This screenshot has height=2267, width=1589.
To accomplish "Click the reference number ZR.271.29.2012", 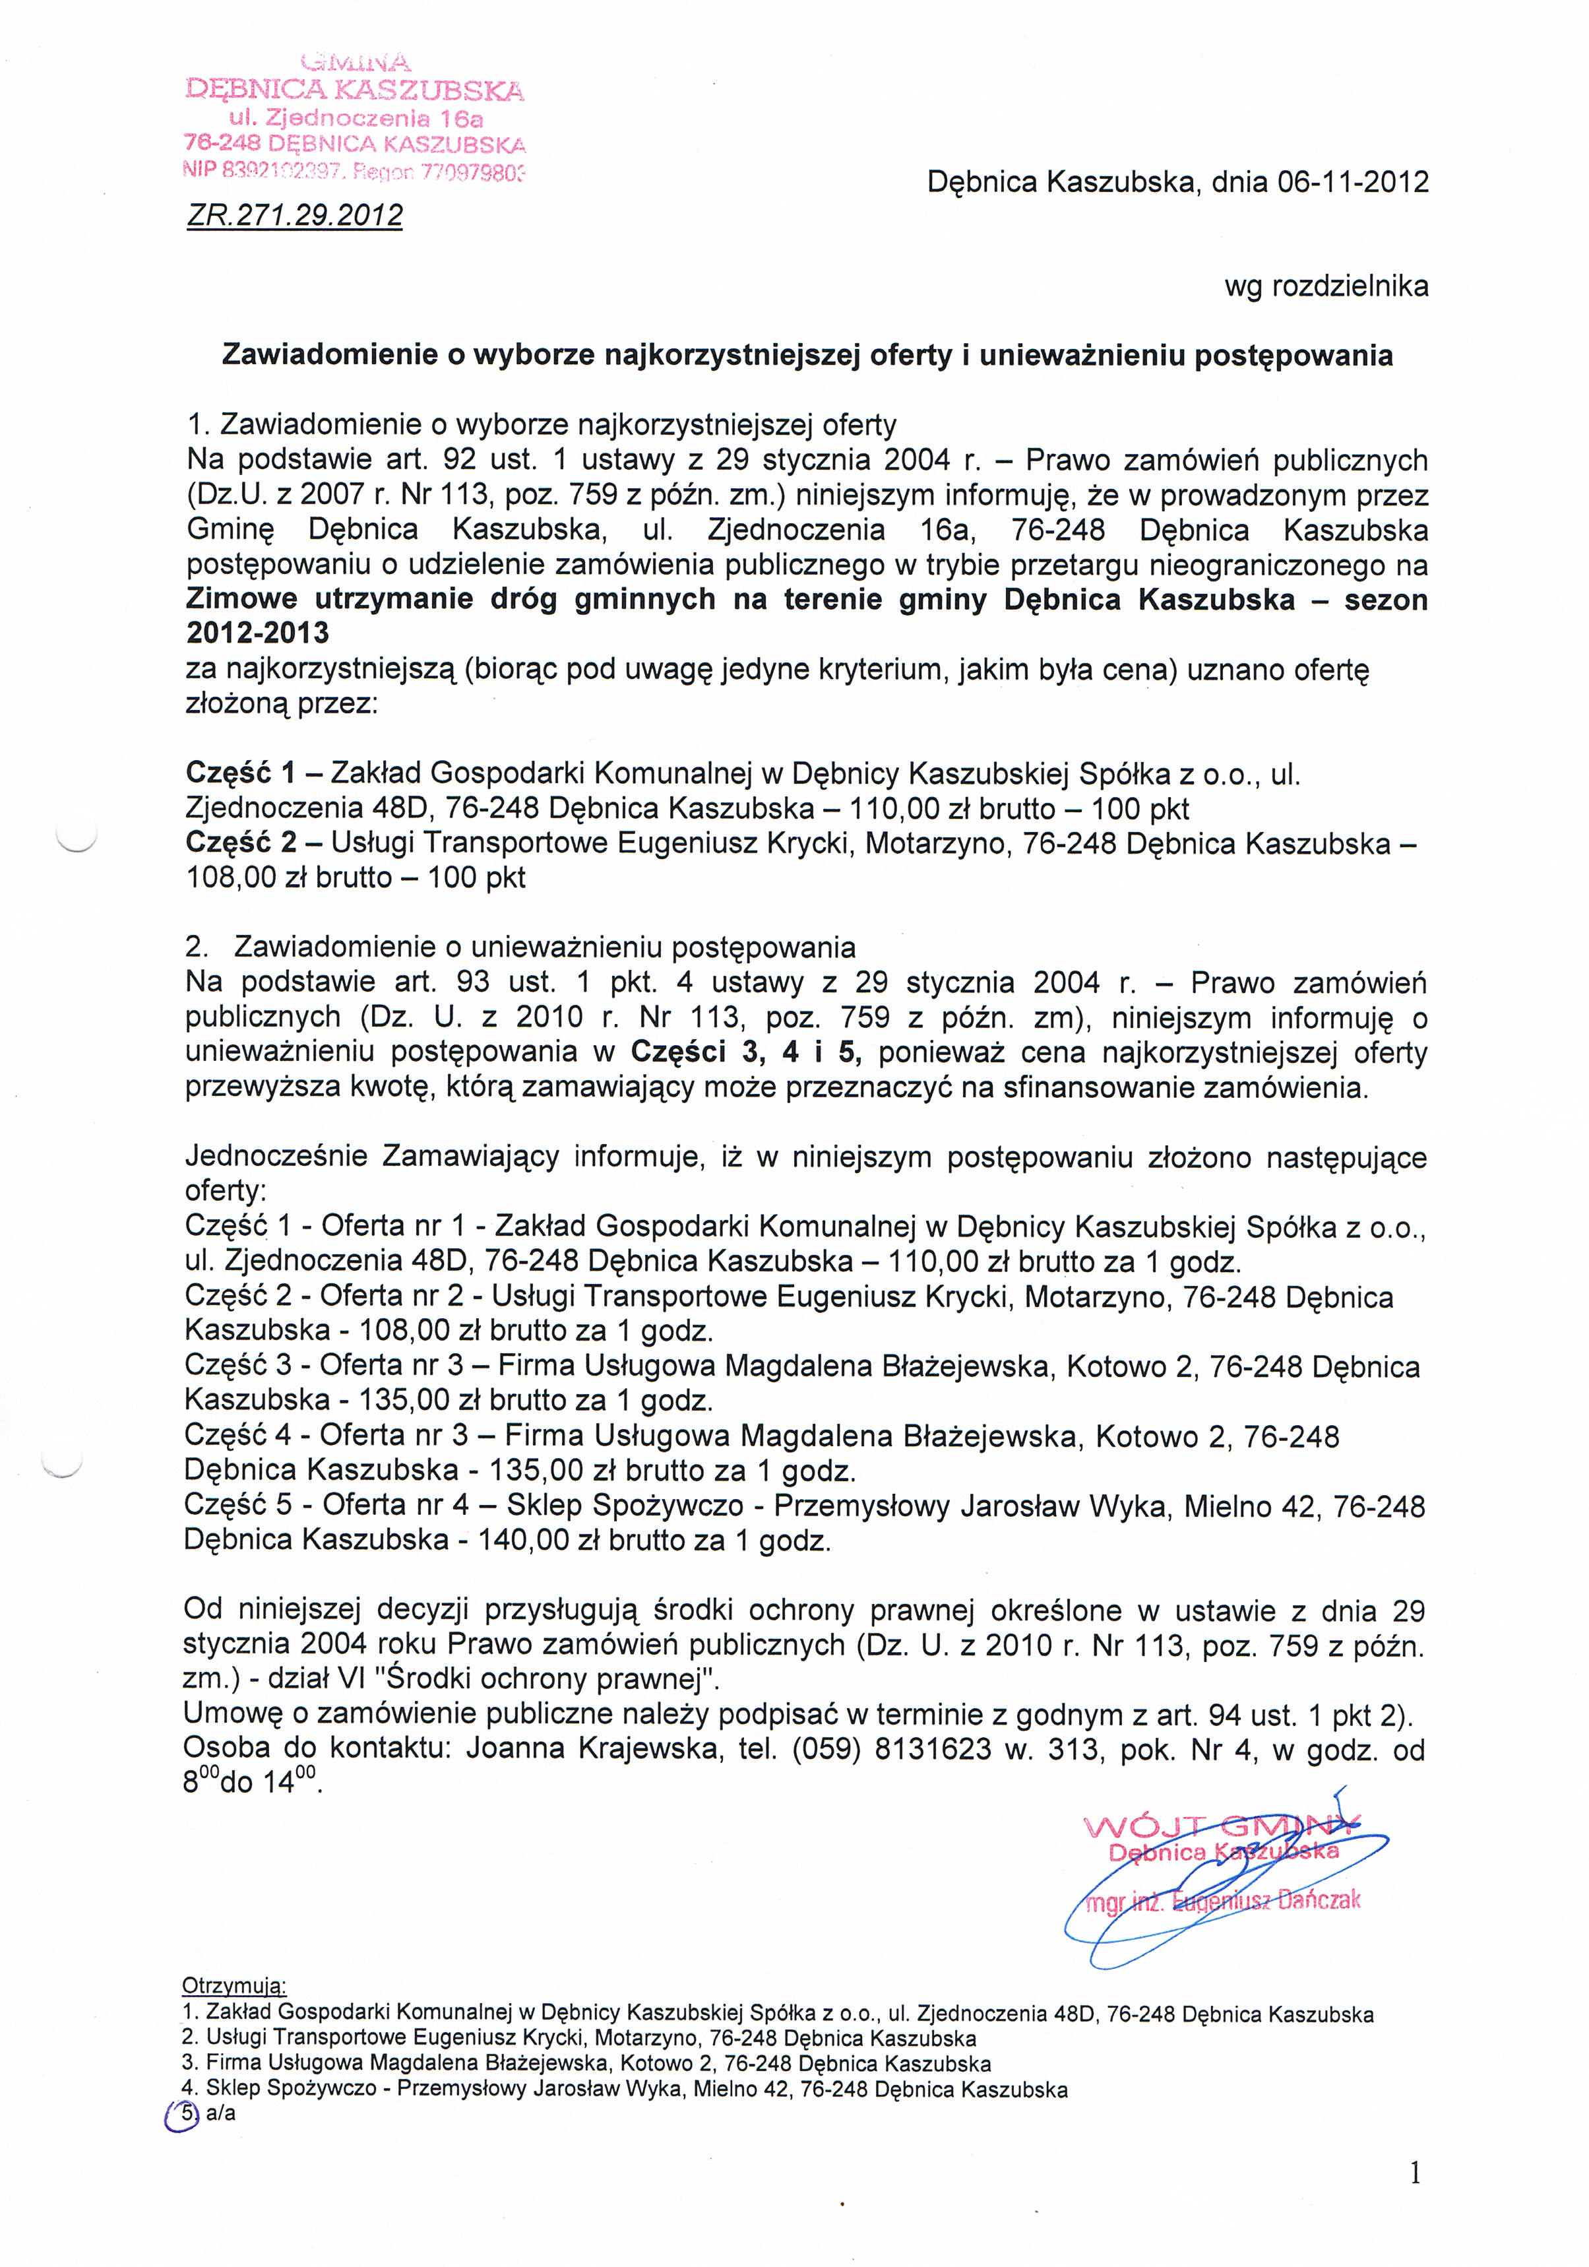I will point(294,215).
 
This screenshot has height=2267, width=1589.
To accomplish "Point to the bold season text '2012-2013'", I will point(258,633).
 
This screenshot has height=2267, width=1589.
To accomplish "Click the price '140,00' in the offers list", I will point(521,1541).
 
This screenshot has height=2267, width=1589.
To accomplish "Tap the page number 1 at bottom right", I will point(1416,2173).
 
